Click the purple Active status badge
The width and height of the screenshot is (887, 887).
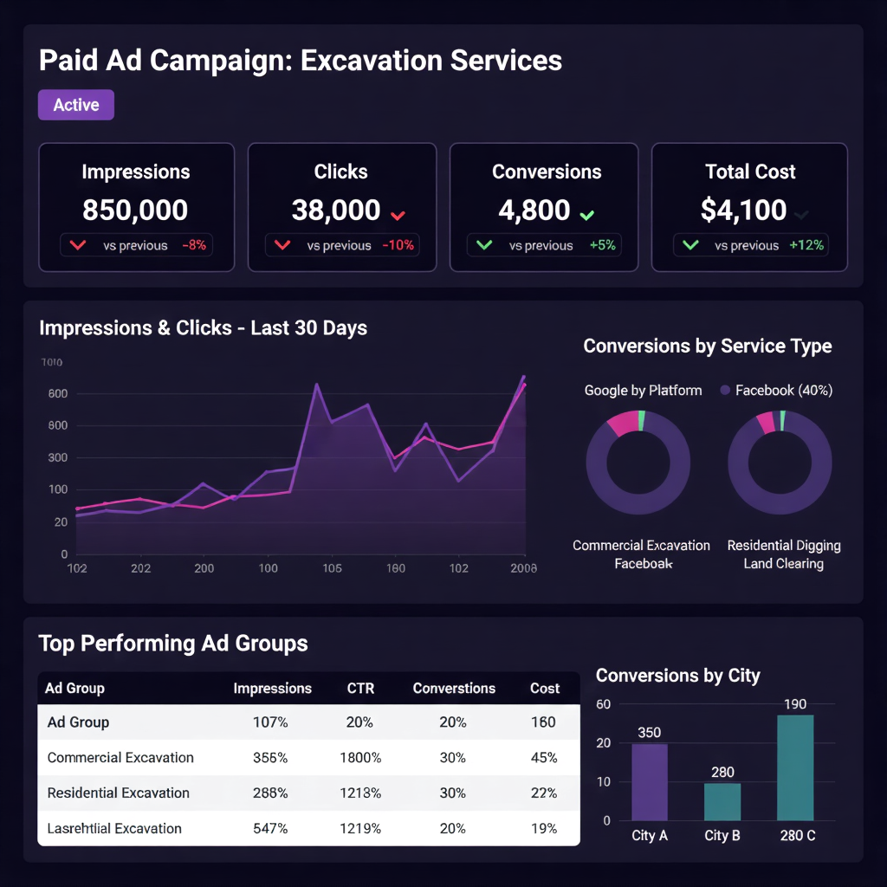click(x=76, y=105)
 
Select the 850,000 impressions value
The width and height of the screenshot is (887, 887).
click(x=135, y=210)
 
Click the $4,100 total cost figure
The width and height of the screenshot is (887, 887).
click(x=743, y=210)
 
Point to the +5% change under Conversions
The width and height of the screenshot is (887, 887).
click(x=602, y=245)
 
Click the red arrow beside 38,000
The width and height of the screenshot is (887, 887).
click(x=398, y=214)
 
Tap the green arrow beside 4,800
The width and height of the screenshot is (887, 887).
click(x=587, y=214)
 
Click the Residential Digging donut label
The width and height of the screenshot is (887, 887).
click(x=783, y=546)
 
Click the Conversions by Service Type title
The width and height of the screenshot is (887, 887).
click(x=707, y=346)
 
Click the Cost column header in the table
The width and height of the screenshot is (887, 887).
click(x=545, y=689)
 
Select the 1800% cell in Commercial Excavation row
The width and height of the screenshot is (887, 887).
click(x=359, y=758)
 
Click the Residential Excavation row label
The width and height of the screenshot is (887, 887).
click(x=118, y=793)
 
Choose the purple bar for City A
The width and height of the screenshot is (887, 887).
click(x=649, y=782)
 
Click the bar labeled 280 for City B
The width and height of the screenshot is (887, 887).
click(x=722, y=801)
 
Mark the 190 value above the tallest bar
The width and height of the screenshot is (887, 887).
click(x=794, y=704)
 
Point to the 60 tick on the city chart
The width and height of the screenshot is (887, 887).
click(x=604, y=704)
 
